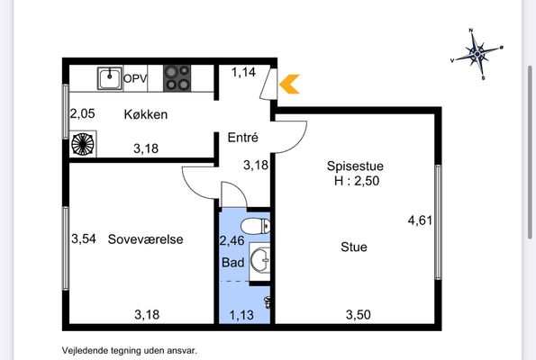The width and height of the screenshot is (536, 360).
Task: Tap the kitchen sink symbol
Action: (x=110, y=78)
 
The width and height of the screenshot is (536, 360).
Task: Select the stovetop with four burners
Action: (x=177, y=78)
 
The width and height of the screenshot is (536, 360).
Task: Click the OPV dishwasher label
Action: (x=135, y=78)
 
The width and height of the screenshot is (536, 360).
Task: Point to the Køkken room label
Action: (x=146, y=114)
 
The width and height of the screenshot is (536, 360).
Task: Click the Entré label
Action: (x=242, y=138)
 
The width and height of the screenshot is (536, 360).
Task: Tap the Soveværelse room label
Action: (x=145, y=239)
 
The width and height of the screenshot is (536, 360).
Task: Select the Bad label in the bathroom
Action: (x=232, y=262)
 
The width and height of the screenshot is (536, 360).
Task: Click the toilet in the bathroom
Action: (x=255, y=226)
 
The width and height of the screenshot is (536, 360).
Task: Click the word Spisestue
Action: (x=355, y=166)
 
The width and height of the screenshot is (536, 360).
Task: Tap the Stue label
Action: (x=354, y=247)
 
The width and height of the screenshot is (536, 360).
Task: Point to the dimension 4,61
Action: (x=420, y=220)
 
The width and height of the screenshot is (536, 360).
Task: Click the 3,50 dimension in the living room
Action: (x=359, y=315)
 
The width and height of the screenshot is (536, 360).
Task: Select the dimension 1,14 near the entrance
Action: (x=243, y=72)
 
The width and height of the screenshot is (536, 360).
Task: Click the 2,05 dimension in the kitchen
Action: (x=82, y=113)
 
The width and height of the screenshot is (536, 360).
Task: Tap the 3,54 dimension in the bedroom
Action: (x=84, y=238)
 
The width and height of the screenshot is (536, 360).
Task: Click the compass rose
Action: (x=477, y=54)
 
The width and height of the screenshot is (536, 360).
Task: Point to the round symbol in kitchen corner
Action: (x=83, y=144)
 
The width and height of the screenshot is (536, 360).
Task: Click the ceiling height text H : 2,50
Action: (x=357, y=181)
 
